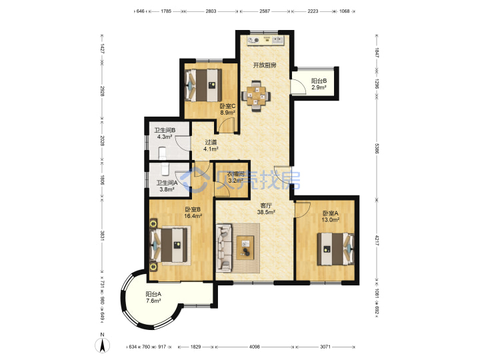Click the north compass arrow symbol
(102, 345)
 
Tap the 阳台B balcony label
(319, 81)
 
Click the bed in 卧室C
(203, 85)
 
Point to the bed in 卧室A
(335, 249)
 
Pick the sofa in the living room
(224, 248)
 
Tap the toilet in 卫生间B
(162, 153)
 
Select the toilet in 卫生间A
(165, 168)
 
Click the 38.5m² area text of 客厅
(266, 212)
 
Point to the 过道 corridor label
(211, 143)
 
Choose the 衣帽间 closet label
(235, 174)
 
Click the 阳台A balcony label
(153, 294)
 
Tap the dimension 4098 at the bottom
(255, 347)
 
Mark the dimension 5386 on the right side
(377, 149)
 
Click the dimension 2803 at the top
(211, 11)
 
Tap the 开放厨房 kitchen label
(265, 65)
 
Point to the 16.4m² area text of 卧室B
(193, 216)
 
